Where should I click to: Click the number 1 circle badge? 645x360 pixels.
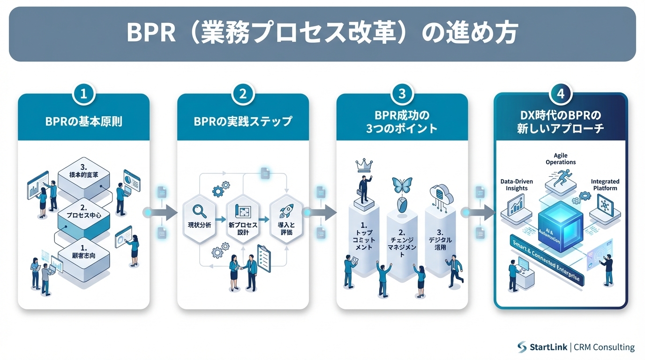tap(83, 94)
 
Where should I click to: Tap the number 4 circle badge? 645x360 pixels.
tap(560, 94)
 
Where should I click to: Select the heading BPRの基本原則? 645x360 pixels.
tap(83, 121)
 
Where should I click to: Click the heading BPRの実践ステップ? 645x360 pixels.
tap(243, 121)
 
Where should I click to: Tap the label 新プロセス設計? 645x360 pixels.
tap(243, 229)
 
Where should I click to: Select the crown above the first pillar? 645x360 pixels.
tap(364, 164)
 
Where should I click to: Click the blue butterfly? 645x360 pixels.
tap(402, 186)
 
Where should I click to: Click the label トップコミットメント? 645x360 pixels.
tap(363, 240)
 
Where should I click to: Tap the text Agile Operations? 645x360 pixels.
tap(561, 158)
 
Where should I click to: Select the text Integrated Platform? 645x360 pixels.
tap(605, 185)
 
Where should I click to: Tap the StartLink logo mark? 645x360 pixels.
tap(522, 347)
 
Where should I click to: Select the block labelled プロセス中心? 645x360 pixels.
tap(83, 215)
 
